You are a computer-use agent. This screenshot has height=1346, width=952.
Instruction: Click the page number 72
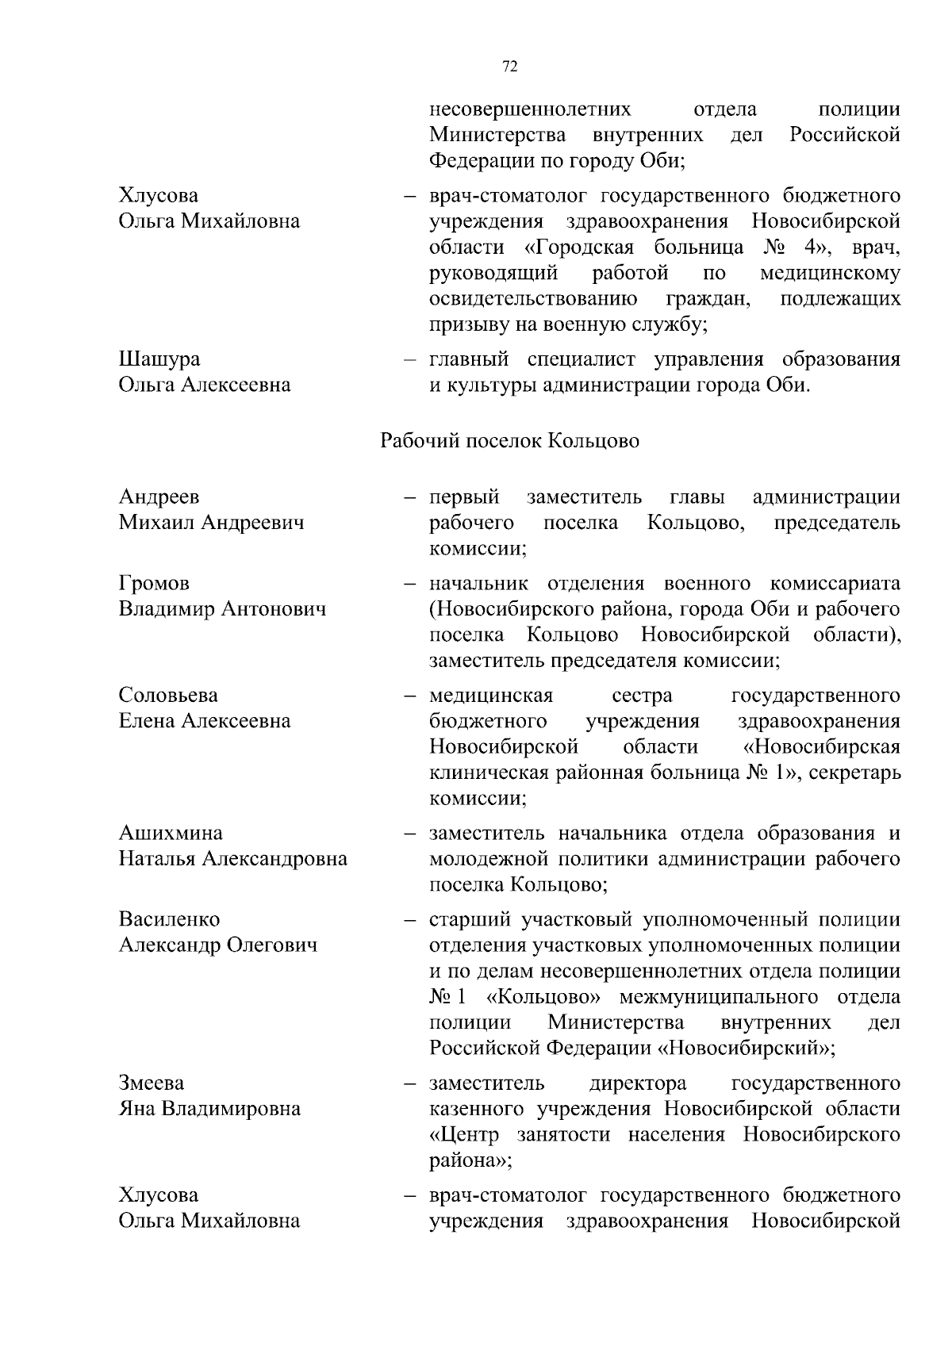tap(510, 67)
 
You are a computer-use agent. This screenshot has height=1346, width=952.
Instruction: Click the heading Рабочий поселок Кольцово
tap(510, 441)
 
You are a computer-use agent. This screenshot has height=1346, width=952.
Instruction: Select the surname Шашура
tap(159, 359)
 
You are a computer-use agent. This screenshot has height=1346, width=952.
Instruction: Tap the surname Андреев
tap(159, 497)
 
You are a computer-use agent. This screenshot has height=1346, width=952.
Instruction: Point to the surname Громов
tap(154, 584)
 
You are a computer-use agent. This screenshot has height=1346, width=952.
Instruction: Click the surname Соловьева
tap(168, 696)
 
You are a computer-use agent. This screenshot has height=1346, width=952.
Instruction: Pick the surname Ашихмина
tap(171, 834)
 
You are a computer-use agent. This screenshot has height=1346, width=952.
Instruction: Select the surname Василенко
tap(170, 920)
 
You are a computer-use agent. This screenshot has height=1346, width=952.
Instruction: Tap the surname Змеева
tap(152, 1083)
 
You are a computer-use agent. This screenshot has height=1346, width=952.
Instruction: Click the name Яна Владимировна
tap(209, 1109)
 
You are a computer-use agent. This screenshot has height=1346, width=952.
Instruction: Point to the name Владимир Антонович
tap(222, 610)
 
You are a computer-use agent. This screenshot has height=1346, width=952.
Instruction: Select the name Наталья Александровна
tap(233, 859)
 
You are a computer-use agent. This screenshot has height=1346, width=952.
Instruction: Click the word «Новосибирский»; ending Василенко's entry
tap(747, 1049)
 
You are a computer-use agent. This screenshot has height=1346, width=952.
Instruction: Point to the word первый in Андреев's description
tap(464, 497)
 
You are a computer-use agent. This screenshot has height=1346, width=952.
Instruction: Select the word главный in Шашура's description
tap(468, 359)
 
